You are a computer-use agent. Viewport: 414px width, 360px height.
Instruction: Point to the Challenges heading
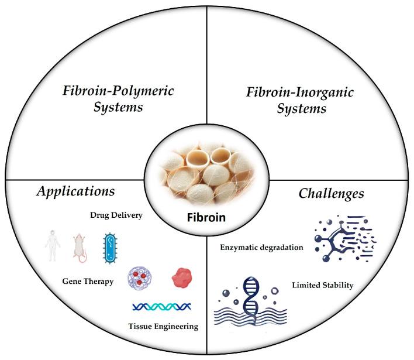click(x=332, y=193)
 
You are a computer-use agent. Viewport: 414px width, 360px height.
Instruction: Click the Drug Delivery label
click(x=116, y=215)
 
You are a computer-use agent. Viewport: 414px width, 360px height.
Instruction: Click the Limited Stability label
click(x=322, y=286)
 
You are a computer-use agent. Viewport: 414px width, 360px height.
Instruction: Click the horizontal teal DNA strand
click(x=163, y=306)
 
